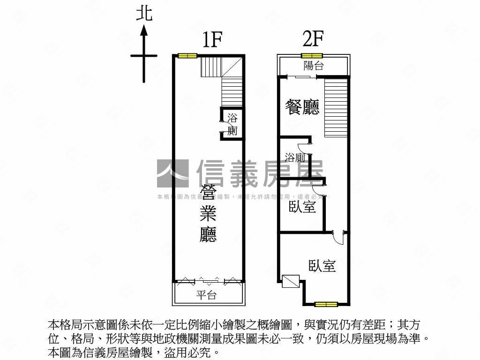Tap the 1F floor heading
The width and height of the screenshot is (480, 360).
211,41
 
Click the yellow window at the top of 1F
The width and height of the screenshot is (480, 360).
187,56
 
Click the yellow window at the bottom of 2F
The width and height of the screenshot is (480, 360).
326,304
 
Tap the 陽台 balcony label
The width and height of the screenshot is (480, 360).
314,66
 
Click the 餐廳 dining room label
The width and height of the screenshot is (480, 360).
302,107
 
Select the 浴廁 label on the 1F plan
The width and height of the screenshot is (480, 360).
232,124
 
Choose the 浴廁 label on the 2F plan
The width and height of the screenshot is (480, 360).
295,157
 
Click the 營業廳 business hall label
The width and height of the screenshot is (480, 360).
208,214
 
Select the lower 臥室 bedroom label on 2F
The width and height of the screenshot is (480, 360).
322,266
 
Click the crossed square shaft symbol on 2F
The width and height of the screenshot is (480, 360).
291,281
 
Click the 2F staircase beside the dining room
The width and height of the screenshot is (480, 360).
336,107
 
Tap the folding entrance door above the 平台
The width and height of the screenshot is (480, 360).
209,280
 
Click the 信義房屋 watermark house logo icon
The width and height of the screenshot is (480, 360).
172,173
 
